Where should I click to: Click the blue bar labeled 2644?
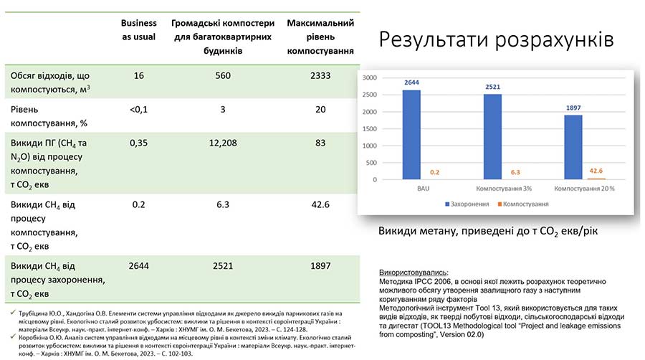(x=411, y=135)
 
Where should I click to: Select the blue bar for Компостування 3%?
(x=492, y=137)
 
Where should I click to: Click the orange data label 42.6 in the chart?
(x=595, y=171)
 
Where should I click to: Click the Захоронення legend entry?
(x=472, y=204)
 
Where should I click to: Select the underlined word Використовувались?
(x=412, y=273)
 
